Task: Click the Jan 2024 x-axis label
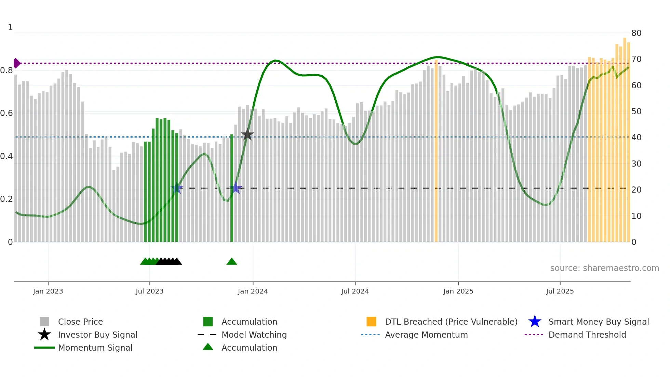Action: [x=253, y=291]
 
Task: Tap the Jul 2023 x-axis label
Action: [x=149, y=291]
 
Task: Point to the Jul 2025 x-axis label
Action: [x=560, y=291]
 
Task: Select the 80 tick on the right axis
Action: [x=636, y=33]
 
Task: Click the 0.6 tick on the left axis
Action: [x=6, y=113]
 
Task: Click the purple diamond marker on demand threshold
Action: [x=16, y=63]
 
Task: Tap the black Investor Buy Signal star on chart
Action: [x=247, y=135]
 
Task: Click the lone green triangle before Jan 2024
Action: [x=231, y=262]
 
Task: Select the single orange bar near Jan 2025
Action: [x=436, y=151]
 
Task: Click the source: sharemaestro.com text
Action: [x=604, y=268]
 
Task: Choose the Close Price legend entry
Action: [x=80, y=322]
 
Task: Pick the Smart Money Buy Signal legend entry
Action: [x=598, y=322]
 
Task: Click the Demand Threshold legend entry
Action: [x=587, y=335]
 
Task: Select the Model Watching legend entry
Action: [x=254, y=335]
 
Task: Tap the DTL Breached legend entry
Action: [x=451, y=322]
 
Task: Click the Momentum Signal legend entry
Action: [x=95, y=348]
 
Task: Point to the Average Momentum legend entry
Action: [x=426, y=335]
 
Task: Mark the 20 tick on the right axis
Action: [x=636, y=190]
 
